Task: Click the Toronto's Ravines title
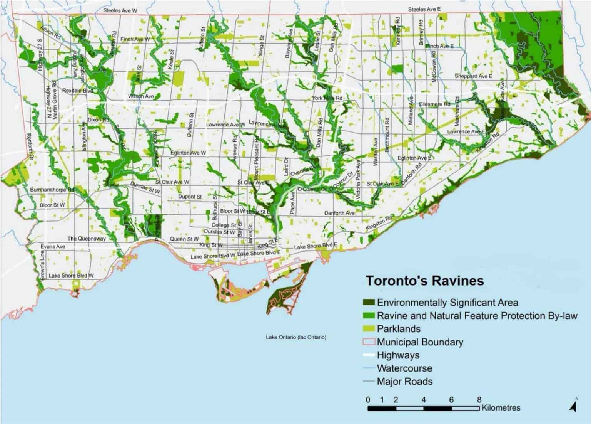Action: pos(424,280)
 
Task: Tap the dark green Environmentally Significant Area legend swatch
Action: pos(369,303)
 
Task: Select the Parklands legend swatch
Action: pos(369,329)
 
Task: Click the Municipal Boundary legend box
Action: pos(369,342)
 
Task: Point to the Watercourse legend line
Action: pos(369,368)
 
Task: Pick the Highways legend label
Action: pos(398,355)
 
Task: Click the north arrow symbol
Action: pos(573,405)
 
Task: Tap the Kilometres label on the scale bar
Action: pos(501,407)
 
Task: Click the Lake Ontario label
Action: pos(296,337)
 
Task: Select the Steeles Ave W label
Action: pos(120,11)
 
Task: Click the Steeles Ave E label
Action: pos(424,9)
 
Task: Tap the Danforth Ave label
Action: pos(339,213)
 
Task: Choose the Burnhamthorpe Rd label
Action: pos(52,190)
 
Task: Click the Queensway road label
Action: pos(86,239)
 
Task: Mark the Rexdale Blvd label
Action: pos(77,91)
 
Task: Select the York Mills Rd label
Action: pos(327,98)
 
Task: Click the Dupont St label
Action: pos(190,197)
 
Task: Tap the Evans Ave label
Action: pos(53,246)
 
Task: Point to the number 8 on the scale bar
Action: pos(479,399)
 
